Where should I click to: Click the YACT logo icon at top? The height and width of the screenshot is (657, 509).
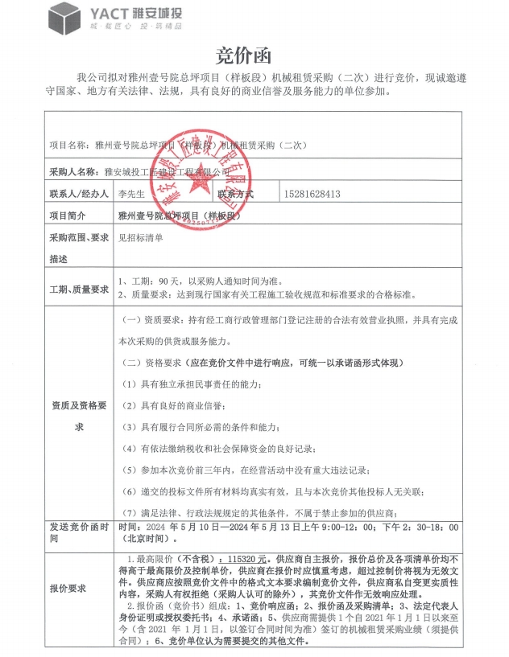click(x=64, y=16)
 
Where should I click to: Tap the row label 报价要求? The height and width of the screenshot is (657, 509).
click(x=68, y=588)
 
